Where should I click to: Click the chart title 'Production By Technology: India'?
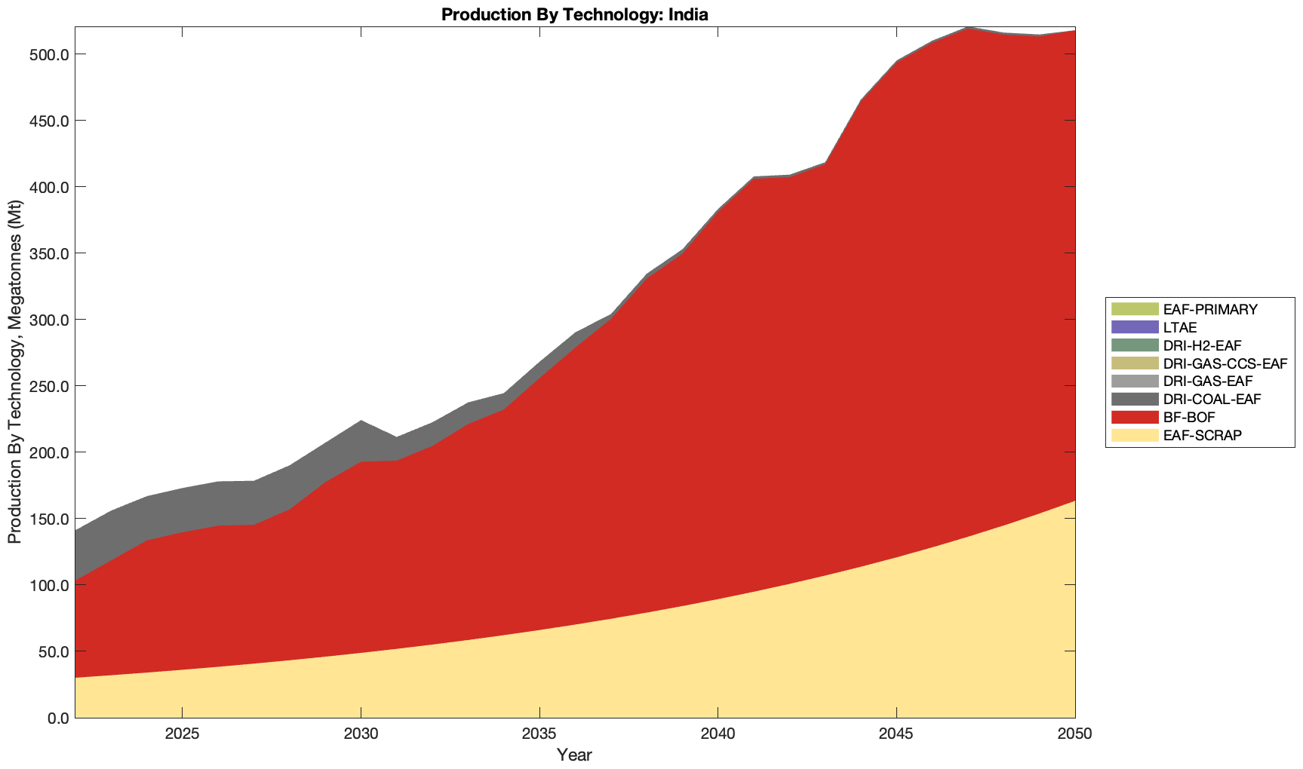point(574,14)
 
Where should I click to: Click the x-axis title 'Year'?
point(574,755)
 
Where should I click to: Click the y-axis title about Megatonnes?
point(14,372)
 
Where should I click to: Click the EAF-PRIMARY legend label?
point(1210,309)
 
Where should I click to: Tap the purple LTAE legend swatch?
point(1134,327)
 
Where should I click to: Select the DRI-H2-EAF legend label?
point(1202,345)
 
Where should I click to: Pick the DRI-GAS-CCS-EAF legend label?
point(1225,363)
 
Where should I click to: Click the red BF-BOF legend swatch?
point(1134,417)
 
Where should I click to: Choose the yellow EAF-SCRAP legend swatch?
point(1134,435)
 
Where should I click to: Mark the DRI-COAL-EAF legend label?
point(1212,399)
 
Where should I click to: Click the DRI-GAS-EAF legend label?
point(1208,381)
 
